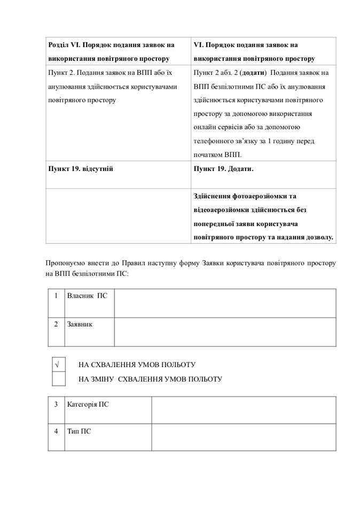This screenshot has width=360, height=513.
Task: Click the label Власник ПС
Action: pos(87,296)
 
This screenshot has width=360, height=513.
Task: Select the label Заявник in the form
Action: pos(80,324)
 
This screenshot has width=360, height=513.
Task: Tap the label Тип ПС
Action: pos(79,431)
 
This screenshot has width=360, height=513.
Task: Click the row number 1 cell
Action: pos(56,296)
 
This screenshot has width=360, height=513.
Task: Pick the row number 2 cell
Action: pos(56,324)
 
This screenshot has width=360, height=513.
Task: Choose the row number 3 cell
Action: pos(56,405)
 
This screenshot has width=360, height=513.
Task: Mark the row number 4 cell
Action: pos(56,431)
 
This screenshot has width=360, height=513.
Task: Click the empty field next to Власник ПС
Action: pos(225,302)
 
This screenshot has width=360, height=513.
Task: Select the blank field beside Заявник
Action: pos(225,331)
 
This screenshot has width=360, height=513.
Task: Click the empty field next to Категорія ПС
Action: pos(244,410)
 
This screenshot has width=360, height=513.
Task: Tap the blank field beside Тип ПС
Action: pos(244,437)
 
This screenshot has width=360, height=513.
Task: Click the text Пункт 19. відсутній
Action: pos(81,169)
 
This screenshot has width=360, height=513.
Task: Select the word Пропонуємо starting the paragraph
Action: pos(66,263)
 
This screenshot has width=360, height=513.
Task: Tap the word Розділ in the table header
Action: pos(59,45)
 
